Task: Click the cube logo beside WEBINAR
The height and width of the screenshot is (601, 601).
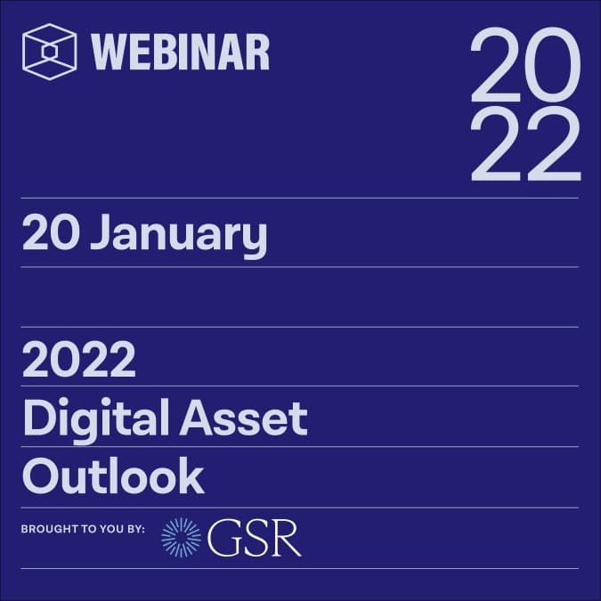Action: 50,52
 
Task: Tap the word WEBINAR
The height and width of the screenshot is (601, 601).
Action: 181,52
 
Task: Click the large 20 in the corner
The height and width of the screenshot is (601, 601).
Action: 525,64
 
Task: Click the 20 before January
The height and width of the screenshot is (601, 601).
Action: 51,231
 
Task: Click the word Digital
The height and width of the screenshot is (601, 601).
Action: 96,420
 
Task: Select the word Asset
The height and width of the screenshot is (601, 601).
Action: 244,418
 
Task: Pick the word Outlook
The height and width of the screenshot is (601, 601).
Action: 113,476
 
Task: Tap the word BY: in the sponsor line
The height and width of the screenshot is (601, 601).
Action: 134,529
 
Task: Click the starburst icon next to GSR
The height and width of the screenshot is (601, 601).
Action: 181,537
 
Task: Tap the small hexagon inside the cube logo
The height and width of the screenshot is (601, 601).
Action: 49,53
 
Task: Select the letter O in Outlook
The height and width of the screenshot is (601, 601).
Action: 42,476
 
